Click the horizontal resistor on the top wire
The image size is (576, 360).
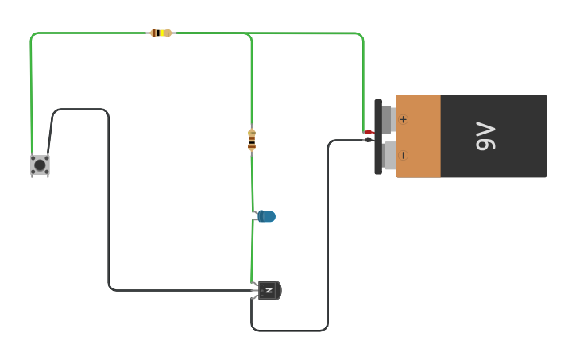click(x=160, y=33)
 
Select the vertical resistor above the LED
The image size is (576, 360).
click(x=252, y=140)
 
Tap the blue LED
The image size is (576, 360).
click(x=267, y=216)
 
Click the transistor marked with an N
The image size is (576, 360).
click(x=270, y=291)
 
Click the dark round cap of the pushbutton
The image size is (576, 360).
click(x=40, y=165)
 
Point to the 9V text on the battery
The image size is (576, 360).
click(x=485, y=136)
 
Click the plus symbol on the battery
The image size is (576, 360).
click(x=403, y=119)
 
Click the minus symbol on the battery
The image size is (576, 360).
click(x=403, y=156)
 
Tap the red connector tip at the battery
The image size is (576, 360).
click(x=368, y=132)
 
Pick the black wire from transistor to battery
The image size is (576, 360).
click(x=327, y=238)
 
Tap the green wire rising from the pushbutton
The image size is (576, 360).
click(x=31, y=95)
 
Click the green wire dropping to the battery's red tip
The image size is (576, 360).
click(x=363, y=79)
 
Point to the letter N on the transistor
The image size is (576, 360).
click(x=269, y=291)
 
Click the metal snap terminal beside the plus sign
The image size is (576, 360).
click(x=388, y=119)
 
